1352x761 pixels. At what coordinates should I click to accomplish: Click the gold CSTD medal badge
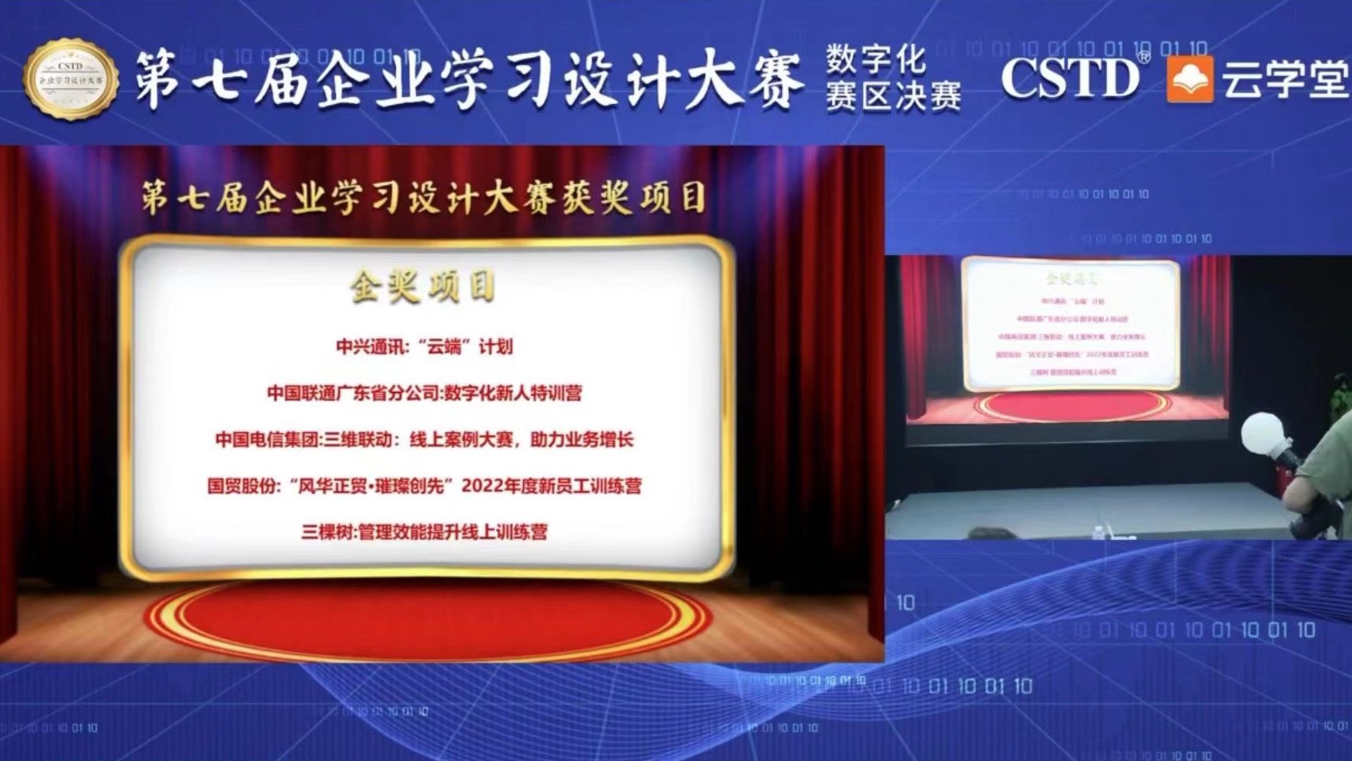tap(71, 80)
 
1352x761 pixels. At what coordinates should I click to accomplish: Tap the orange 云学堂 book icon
tap(1189, 79)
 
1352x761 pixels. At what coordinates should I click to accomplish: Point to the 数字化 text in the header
tap(876, 59)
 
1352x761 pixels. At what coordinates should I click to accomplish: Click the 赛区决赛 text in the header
tap(893, 98)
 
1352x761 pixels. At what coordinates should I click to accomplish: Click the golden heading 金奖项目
tap(422, 287)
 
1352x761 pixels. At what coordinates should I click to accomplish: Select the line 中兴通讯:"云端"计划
tap(424, 347)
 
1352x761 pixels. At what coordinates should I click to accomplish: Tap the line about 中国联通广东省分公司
tap(424, 394)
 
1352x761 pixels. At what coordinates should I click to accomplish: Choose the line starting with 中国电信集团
tap(424, 440)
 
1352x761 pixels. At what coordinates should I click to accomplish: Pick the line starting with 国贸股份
tap(424, 486)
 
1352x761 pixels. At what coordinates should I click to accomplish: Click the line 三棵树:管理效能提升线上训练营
tap(424, 532)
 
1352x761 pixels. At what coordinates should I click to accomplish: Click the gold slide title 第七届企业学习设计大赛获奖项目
tap(423, 198)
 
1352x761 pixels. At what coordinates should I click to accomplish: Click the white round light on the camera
tap(1265, 436)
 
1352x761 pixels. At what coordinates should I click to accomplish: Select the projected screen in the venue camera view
tap(1070, 324)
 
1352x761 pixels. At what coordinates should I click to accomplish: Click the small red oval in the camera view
tap(1072, 404)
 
